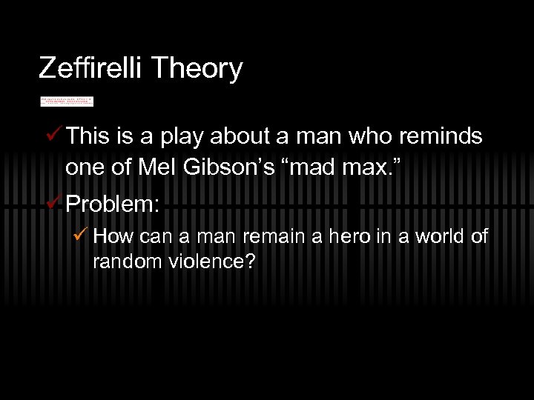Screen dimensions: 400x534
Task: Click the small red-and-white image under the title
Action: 67,101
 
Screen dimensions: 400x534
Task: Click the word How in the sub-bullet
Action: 111,237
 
